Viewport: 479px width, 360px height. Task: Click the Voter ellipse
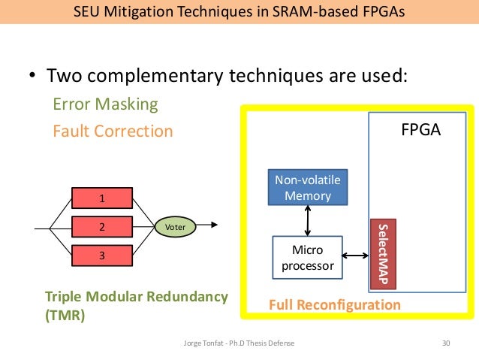[x=175, y=225]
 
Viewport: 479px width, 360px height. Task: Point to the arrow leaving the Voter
[x=209, y=225]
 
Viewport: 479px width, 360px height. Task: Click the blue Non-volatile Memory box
[x=308, y=188]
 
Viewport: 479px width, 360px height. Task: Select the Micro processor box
[x=306, y=259]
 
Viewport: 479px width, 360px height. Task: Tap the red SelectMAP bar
[x=382, y=254]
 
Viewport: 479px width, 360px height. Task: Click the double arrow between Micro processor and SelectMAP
[x=357, y=259]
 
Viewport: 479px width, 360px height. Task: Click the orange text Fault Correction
[x=113, y=132]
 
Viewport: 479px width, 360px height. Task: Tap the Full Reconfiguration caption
[x=335, y=305]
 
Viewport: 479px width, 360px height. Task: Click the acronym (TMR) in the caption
[x=65, y=316]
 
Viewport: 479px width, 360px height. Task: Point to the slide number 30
[x=447, y=343]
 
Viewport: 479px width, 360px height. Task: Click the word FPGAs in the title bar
[x=381, y=12]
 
